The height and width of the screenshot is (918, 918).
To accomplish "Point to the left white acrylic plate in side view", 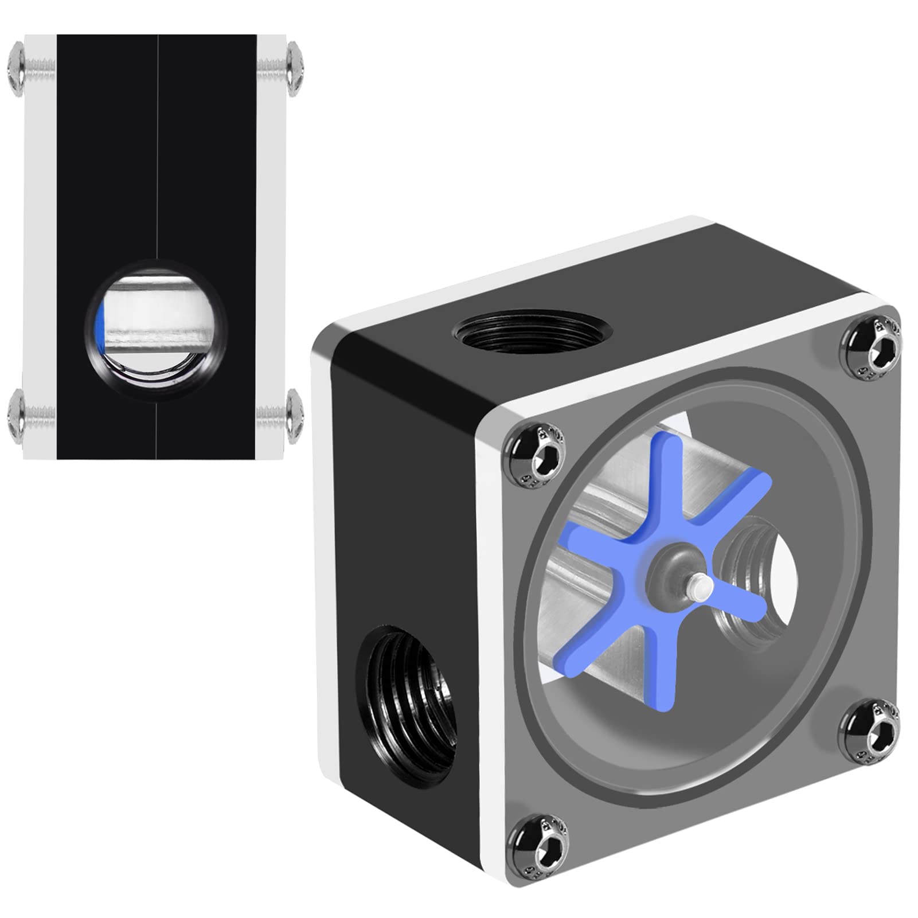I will [x=40, y=247].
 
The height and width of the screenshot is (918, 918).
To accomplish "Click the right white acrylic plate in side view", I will [x=271, y=247].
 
